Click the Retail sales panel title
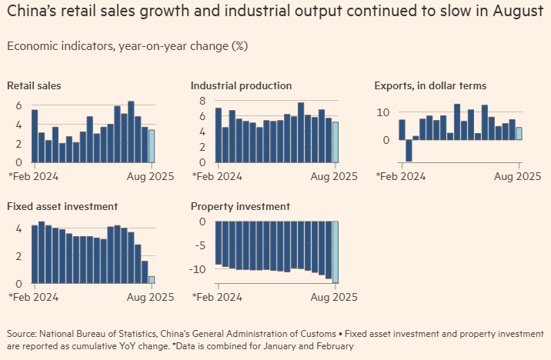tap(34, 85)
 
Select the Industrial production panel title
tap(241, 85)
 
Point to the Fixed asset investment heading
tap(62, 206)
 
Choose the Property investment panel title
tap(240, 206)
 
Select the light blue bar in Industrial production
tap(335, 142)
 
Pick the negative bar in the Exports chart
tap(409, 151)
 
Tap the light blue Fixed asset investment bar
tap(151, 280)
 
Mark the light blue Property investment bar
tap(335, 252)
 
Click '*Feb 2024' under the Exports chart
tap(400, 176)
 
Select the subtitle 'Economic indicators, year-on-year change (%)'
tap(127, 45)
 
